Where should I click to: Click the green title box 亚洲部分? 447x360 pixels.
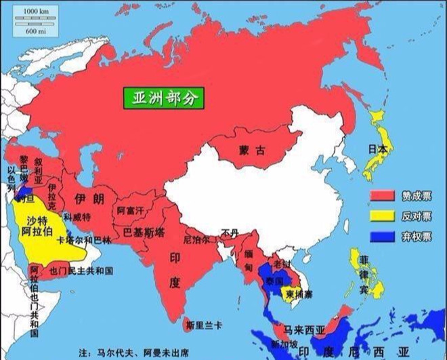[163, 98]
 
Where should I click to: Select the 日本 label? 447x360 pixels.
[377, 149]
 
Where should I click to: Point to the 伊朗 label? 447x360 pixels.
[85, 199]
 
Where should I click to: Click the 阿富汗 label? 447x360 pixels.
[131, 211]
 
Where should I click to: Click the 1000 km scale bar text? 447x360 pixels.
[35, 13]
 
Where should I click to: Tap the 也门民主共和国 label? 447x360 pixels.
[81, 271]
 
